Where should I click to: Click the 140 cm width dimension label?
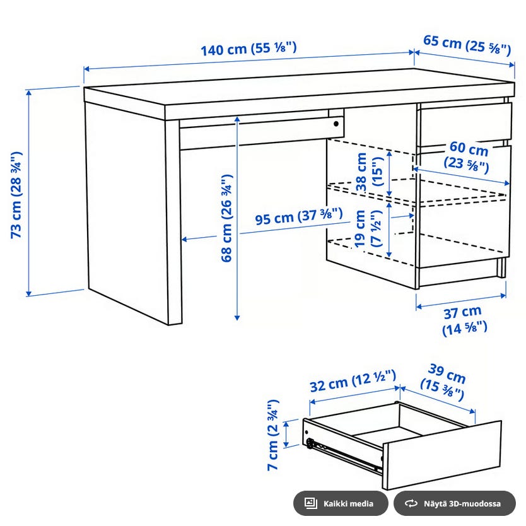point(248,49)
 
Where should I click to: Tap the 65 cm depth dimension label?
point(467,45)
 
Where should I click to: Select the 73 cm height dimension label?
point(16,195)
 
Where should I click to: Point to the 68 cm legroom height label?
point(227,218)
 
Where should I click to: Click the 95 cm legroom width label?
point(298,216)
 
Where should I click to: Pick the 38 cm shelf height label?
point(370,172)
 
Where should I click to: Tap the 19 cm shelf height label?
point(368,228)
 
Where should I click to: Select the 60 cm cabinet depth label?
point(467,157)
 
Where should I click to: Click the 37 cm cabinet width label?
point(464,320)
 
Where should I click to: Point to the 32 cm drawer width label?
point(353,381)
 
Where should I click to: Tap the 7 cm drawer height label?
point(273,435)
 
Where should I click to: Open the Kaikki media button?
point(341,503)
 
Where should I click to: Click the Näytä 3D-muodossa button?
point(455,503)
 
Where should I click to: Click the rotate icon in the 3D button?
point(411,503)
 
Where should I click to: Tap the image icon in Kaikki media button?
point(311,503)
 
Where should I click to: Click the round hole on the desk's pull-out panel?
point(336,124)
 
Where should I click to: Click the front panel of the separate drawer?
point(441,455)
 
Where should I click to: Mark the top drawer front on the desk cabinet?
point(464,124)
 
